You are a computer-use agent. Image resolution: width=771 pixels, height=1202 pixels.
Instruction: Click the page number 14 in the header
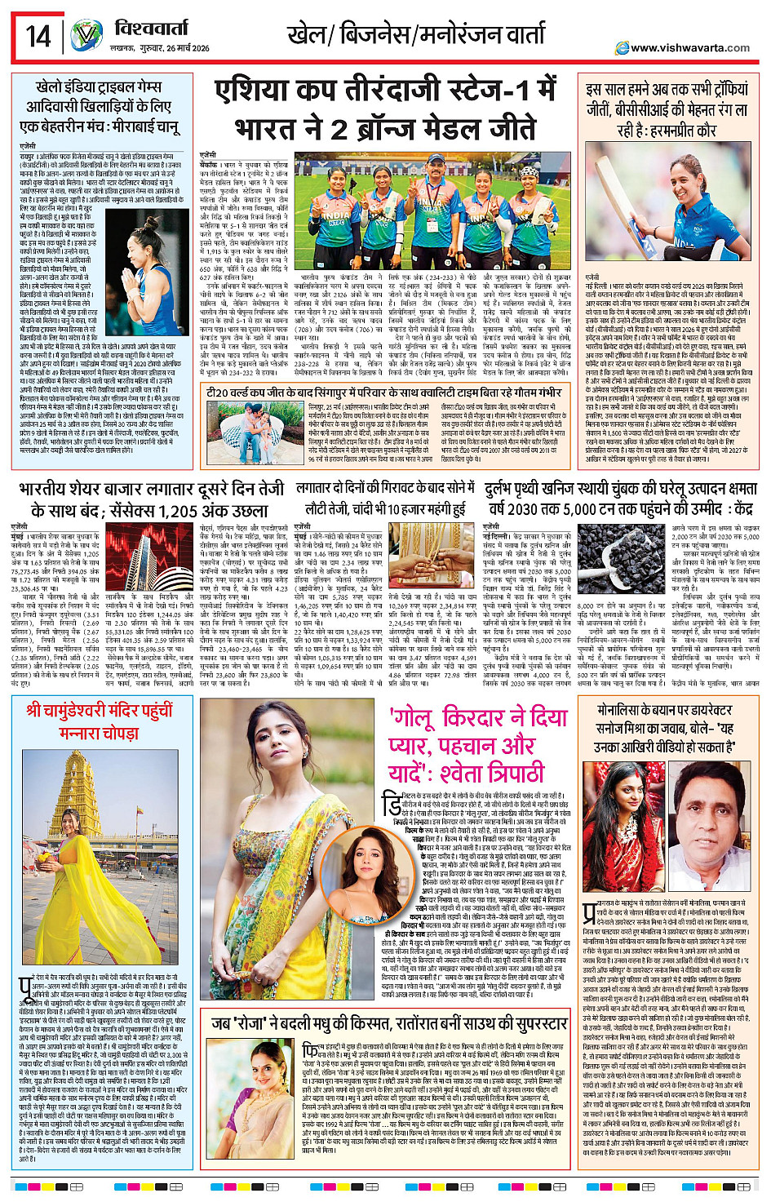coord(38,36)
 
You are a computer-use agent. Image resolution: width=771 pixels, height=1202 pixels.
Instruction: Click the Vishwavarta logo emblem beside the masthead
coord(86,36)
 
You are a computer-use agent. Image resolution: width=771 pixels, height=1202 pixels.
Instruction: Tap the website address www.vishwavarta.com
coord(690,47)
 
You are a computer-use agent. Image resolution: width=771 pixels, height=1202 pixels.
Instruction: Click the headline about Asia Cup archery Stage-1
coord(386,110)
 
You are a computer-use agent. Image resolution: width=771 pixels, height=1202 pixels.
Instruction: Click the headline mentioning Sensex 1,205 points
coord(151,499)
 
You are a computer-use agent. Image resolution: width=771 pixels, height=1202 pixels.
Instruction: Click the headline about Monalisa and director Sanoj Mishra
coord(665,727)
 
